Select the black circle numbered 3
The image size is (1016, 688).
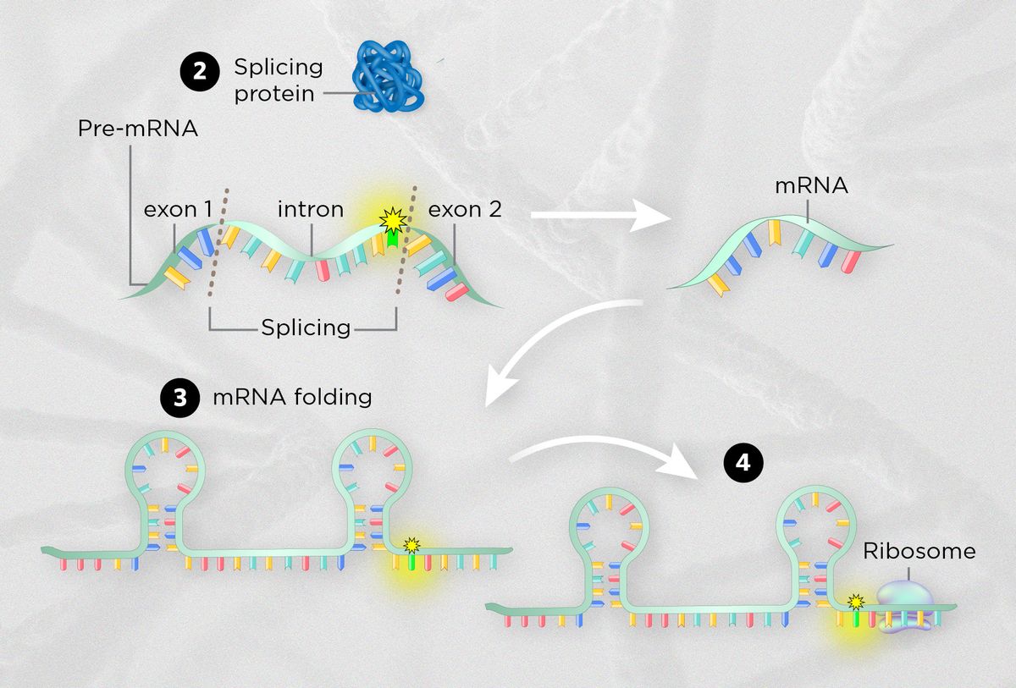click(x=179, y=398)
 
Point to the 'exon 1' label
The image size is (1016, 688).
click(x=178, y=208)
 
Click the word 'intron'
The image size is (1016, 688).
click(x=311, y=208)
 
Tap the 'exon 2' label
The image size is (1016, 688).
click(x=465, y=208)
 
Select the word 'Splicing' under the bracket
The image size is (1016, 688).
click(x=306, y=327)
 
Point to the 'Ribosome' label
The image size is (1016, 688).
click(x=919, y=552)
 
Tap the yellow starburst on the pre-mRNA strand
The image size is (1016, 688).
click(x=392, y=222)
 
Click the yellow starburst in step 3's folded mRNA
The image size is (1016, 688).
click(x=412, y=543)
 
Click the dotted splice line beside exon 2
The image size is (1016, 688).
click(x=406, y=245)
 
